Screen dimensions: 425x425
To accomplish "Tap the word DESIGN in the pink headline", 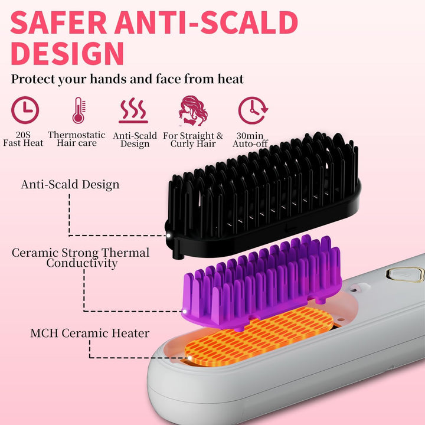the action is tap(67, 53).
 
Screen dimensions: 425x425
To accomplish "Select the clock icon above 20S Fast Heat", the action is tap(25, 110).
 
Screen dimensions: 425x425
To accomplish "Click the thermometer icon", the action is tap(79, 110).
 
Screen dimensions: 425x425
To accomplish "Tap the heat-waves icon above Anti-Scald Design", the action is tap(133, 110).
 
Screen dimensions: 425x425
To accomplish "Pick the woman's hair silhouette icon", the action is tap(192, 110).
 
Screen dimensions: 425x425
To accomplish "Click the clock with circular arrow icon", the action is tap(253, 110).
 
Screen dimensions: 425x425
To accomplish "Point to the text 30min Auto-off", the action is tap(250, 139).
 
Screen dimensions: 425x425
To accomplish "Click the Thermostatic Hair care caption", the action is tap(77, 139).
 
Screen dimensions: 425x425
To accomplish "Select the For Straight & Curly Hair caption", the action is tap(193, 139).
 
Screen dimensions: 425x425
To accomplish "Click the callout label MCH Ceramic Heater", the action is tap(90, 333).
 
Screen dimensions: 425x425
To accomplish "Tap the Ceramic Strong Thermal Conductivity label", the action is tap(81, 258).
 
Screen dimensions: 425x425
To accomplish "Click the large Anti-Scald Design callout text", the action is tap(70, 184).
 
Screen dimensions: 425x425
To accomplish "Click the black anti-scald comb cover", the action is tap(262, 195).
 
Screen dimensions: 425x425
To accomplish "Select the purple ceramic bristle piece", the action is tap(261, 282).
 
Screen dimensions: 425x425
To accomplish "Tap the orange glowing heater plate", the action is tap(259, 336).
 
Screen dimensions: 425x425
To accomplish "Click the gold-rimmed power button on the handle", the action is tap(405, 274).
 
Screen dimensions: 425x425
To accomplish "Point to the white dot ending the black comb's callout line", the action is tap(168, 236).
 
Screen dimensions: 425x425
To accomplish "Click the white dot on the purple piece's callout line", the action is tap(185, 312).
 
